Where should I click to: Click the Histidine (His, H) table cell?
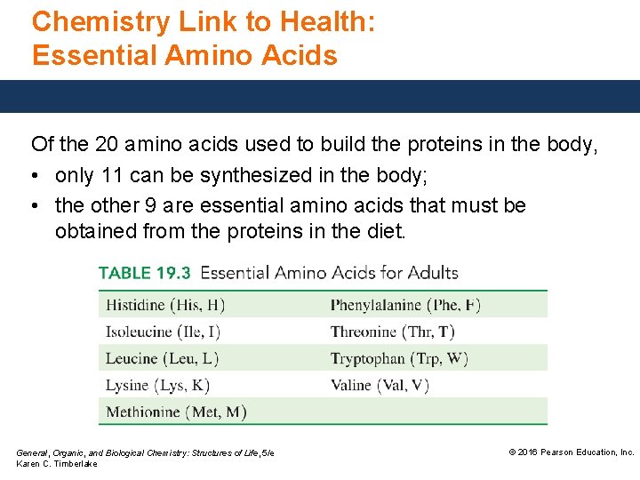(164, 305)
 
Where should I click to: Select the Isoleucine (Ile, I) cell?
(163, 332)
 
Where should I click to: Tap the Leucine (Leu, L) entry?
(162, 358)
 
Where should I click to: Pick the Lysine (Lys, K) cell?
(157, 385)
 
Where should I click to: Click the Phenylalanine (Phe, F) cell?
(405, 305)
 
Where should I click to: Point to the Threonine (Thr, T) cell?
(392, 332)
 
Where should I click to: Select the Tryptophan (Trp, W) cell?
(398, 358)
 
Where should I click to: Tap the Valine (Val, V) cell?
(380, 385)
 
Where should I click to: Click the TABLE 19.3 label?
(145, 273)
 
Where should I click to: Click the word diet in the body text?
(385, 233)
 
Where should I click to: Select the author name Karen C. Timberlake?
(57, 464)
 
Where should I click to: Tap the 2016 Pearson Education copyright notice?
(571, 452)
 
